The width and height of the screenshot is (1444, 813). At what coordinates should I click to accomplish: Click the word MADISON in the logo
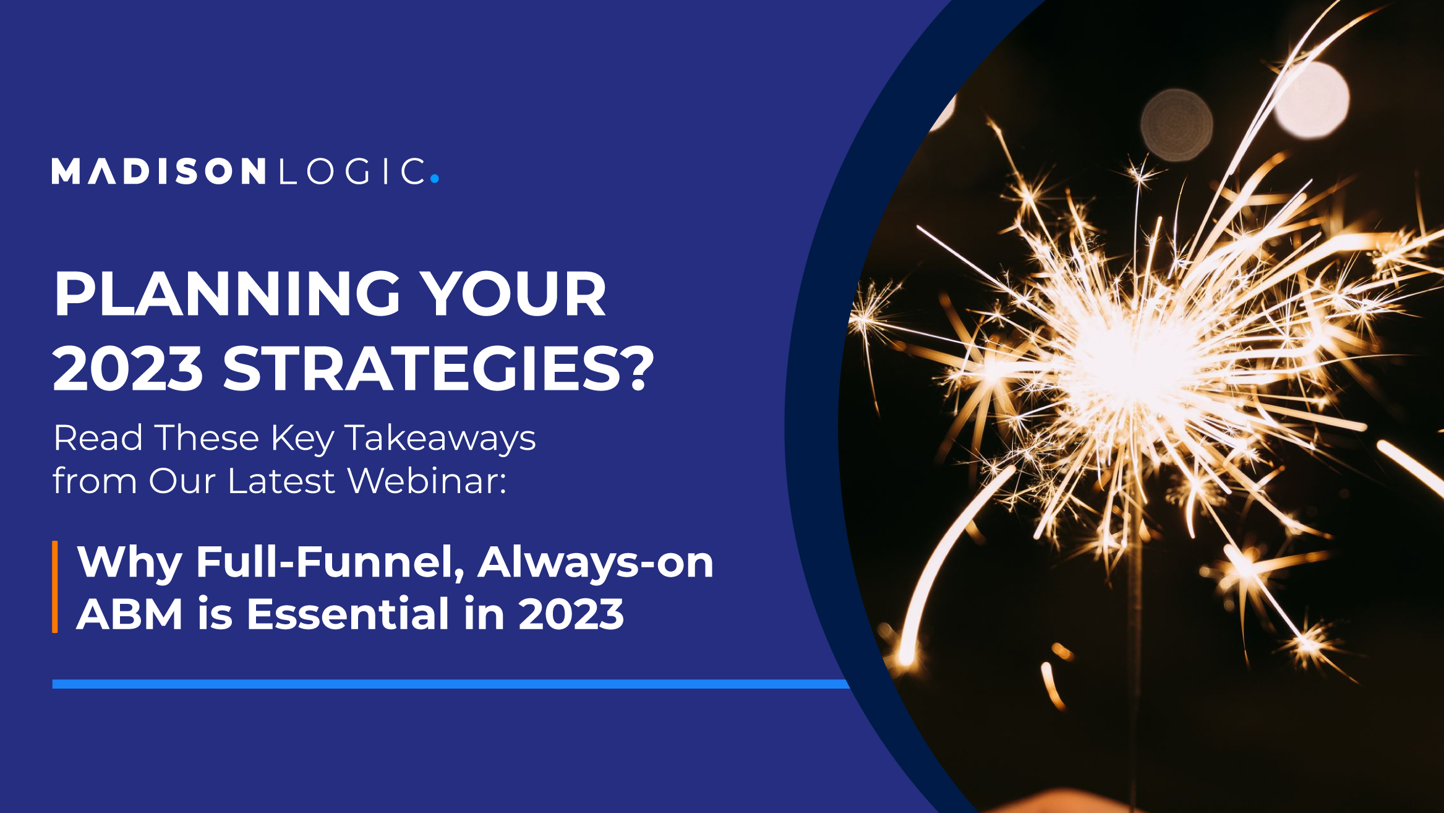(159, 171)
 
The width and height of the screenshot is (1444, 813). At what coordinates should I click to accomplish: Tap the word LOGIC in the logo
(352, 171)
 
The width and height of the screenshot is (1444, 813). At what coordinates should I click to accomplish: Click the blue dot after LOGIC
(435, 178)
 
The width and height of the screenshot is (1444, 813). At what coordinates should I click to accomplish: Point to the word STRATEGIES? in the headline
(438, 369)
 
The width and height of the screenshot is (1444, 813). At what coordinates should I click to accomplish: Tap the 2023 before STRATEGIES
(128, 369)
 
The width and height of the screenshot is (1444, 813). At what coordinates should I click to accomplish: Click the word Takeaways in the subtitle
(440, 439)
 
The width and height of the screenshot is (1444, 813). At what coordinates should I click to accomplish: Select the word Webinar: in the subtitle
(427, 481)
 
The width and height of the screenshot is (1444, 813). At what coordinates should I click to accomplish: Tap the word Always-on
(596, 562)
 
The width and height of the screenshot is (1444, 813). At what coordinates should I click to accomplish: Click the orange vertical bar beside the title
(55, 587)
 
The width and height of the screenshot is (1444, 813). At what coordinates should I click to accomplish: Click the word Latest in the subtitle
(281, 481)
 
